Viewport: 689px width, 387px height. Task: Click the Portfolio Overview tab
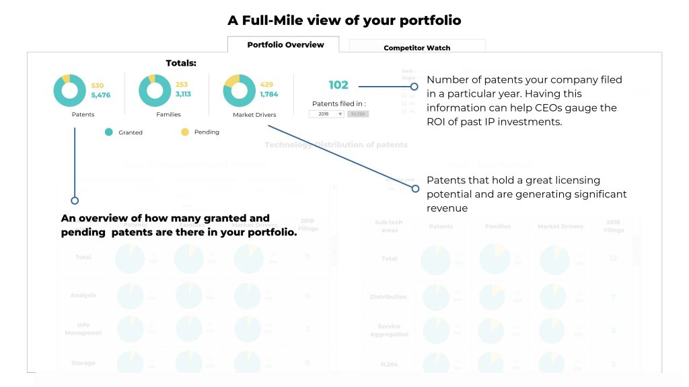(285, 45)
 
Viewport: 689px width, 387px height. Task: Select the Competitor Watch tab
(416, 48)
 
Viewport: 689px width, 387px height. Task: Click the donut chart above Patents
(70, 91)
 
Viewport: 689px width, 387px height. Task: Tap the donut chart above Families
(155, 91)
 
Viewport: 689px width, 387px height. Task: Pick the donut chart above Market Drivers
(240, 91)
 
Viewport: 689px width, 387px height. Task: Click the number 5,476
(101, 95)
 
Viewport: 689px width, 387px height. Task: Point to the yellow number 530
(98, 85)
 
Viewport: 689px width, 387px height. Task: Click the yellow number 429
(267, 85)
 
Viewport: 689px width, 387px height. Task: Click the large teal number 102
(338, 85)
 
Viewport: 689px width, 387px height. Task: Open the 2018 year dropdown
(326, 114)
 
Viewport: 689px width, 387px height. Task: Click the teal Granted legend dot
(108, 132)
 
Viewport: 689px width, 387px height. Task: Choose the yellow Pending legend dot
(185, 132)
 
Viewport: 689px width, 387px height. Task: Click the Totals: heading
(181, 63)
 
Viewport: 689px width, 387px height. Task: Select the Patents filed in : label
(338, 103)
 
